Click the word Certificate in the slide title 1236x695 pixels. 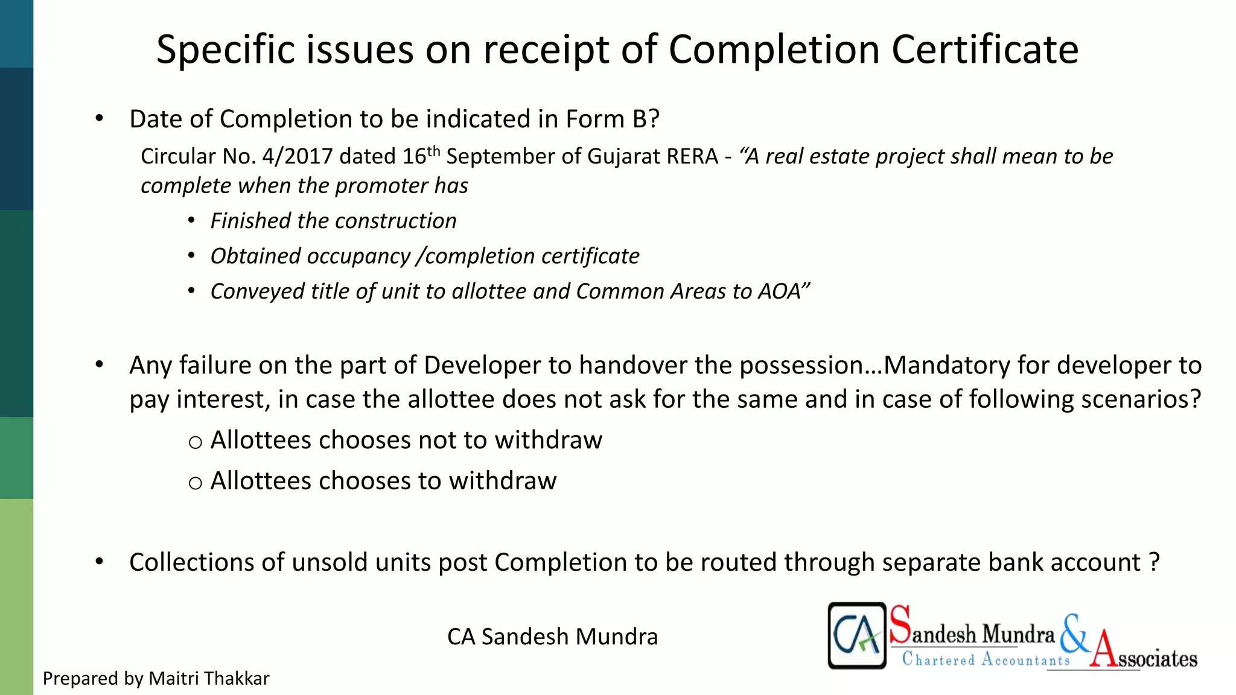[x=985, y=49]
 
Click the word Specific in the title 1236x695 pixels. [x=225, y=51]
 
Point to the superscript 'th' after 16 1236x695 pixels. [x=434, y=150]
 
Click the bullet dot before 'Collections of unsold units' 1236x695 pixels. [x=100, y=562]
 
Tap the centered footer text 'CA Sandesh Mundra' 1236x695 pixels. [x=552, y=637]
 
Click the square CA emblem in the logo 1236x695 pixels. [x=856, y=635]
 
